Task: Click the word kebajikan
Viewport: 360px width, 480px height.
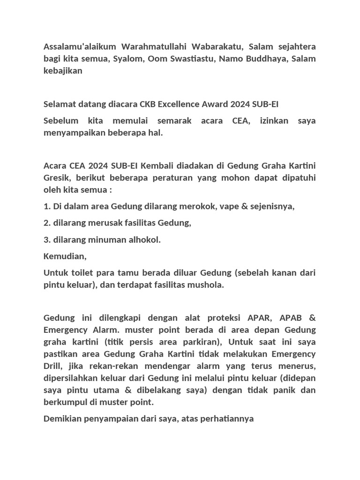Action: [x=63, y=71]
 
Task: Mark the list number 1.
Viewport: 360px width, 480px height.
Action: [x=46, y=207]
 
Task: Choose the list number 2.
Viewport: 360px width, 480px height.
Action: [x=46, y=223]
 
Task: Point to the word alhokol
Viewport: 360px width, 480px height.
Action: [x=142, y=240]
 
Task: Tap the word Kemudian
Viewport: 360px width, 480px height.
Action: [x=65, y=256]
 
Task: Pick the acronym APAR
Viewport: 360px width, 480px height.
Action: [x=250, y=318]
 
